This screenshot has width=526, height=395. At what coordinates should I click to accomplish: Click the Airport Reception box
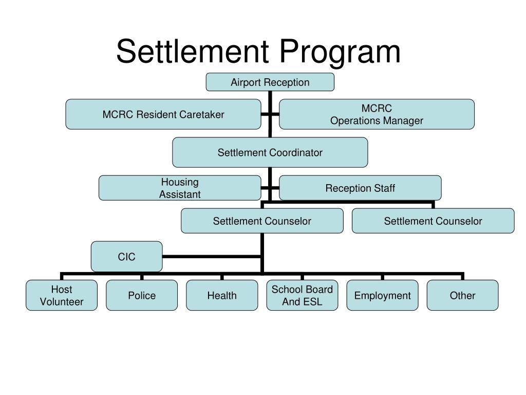pos(270,82)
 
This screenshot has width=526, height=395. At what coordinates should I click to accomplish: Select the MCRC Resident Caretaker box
pos(163,114)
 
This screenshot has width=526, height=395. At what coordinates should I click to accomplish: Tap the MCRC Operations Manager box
pos(377,114)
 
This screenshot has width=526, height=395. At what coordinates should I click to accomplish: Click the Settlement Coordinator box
pos(270,152)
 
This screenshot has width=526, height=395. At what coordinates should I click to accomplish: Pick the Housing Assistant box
pos(180,188)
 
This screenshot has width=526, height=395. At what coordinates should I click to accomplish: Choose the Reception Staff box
pos(360,188)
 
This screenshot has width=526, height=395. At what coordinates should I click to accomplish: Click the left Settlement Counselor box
pos(262,221)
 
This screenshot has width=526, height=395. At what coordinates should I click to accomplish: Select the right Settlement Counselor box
pos(433,221)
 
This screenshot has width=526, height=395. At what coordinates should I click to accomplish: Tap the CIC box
pos(126,256)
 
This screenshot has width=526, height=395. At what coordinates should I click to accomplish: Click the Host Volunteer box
pos(62,295)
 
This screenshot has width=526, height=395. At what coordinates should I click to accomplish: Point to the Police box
pos(142,295)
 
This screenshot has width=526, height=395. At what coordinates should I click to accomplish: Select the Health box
pos(222,295)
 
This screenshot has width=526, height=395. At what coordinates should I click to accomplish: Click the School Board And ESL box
pos(302,295)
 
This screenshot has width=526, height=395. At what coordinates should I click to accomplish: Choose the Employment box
pos(382,295)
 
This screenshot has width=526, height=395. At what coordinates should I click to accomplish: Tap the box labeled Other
pos(462,295)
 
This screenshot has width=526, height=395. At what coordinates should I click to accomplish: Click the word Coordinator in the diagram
pos(297,152)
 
